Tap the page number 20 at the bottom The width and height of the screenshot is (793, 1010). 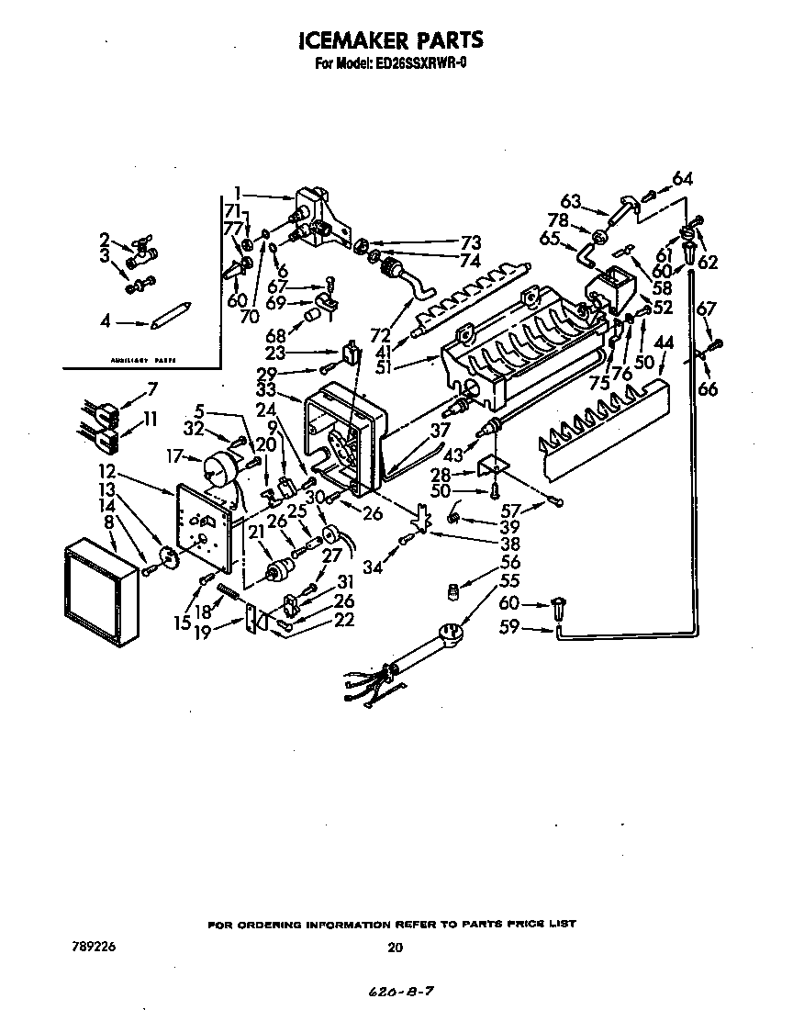click(x=395, y=948)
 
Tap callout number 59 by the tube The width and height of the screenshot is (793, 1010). click(x=508, y=629)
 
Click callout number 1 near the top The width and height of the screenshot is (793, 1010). click(x=237, y=193)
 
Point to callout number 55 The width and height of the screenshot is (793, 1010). click(x=510, y=580)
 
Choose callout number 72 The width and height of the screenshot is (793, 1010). click(x=380, y=334)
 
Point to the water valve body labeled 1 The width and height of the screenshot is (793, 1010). click(x=317, y=220)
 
